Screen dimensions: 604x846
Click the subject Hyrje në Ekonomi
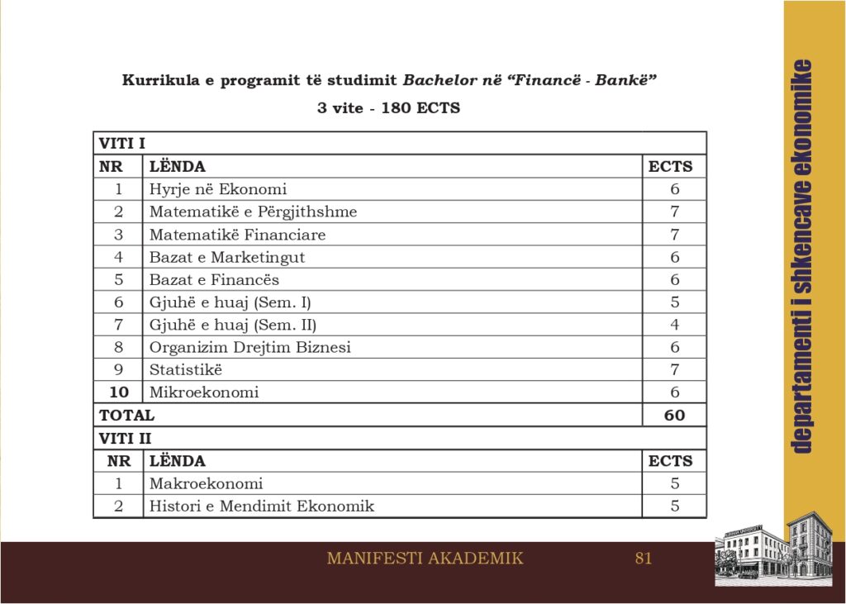(x=217, y=189)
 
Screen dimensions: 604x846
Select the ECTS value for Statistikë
(x=675, y=369)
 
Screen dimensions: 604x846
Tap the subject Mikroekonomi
(x=203, y=392)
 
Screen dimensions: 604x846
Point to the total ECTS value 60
(x=674, y=415)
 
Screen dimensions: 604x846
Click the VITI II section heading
(x=125, y=438)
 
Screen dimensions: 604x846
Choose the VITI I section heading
(x=121, y=143)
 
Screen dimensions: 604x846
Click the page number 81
(x=644, y=558)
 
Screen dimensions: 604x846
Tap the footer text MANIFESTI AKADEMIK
(x=425, y=558)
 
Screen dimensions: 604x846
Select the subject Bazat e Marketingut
(x=226, y=257)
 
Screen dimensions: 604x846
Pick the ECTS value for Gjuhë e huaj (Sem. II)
(x=675, y=325)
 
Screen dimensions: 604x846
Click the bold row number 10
(x=119, y=392)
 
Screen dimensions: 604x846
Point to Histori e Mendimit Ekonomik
(x=261, y=506)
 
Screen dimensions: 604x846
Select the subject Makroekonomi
(x=206, y=483)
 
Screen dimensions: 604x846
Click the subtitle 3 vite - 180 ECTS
(x=388, y=108)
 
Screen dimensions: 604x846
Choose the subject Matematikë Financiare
(x=237, y=235)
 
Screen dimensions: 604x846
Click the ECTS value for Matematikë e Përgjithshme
(x=675, y=212)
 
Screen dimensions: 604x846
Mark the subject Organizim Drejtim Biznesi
(x=250, y=347)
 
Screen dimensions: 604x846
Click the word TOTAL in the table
(x=126, y=415)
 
